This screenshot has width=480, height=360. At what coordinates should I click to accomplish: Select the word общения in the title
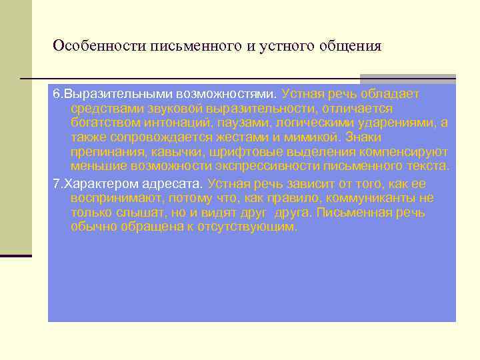351,46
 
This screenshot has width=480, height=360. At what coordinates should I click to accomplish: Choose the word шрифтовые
235,152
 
